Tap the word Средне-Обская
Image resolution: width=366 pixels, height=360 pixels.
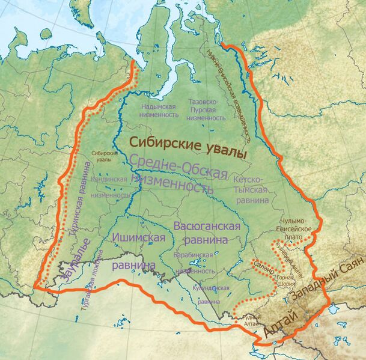click(179, 168)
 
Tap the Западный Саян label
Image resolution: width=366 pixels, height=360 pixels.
click(328, 280)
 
